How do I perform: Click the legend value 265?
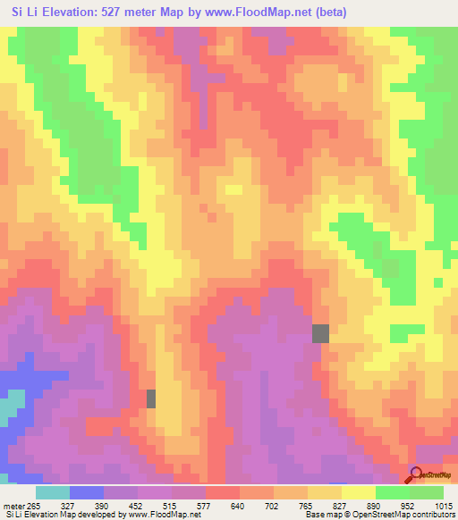(x=33, y=505)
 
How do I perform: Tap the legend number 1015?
(x=442, y=505)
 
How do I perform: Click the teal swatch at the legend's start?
(x=53, y=492)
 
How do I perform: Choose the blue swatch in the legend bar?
(x=87, y=492)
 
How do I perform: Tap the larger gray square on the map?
(x=320, y=333)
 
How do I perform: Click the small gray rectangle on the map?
(x=151, y=398)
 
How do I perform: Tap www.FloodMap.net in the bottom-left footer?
(x=163, y=515)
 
